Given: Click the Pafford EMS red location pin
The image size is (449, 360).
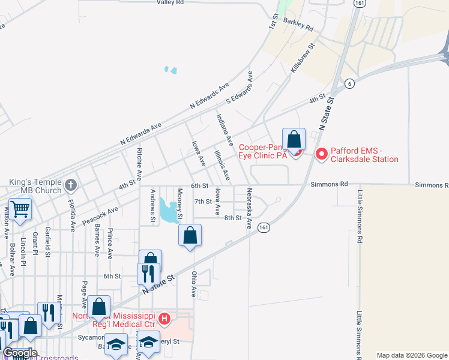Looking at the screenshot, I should (321, 154).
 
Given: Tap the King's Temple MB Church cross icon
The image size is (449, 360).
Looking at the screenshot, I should (71, 184).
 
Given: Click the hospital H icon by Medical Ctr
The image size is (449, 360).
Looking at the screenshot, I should (165, 317).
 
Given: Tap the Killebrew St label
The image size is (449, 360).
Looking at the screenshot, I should (303, 58).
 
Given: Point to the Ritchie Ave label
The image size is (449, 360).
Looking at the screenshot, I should (139, 164).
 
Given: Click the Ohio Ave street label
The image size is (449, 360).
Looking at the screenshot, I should (194, 283).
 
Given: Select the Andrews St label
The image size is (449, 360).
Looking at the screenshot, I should (153, 205).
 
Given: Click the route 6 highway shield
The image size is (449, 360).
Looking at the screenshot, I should (349, 83).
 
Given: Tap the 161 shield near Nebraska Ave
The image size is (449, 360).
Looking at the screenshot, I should (263, 227).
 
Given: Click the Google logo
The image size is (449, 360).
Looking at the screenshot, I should (19, 353).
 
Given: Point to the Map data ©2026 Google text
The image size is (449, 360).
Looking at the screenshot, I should (412, 355).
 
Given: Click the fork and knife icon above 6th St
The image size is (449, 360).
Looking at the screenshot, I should (148, 274).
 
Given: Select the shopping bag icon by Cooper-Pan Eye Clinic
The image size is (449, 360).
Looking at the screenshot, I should (294, 140).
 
